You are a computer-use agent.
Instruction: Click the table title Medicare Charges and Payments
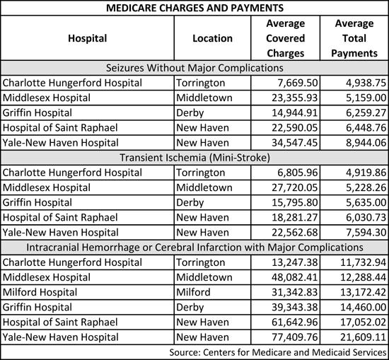[x=194, y=8]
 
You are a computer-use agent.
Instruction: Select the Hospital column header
[x=88, y=38]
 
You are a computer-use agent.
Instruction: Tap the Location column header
[x=213, y=38]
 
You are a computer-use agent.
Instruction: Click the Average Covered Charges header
[x=285, y=38]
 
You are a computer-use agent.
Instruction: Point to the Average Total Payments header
[x=354, y=38]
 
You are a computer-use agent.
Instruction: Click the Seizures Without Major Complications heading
[x=194, y=68]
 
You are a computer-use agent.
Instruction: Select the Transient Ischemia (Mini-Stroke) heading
[x=194, y=158]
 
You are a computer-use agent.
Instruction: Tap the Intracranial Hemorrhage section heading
[x=194, y=247]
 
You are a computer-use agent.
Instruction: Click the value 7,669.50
[x=298, y=83]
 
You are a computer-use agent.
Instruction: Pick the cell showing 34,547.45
[x=294, y=143]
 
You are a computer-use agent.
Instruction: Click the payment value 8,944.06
[x=366, y=143]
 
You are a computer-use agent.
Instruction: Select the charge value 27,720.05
[x=294, y=187]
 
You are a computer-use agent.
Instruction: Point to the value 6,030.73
[x=366, y=217]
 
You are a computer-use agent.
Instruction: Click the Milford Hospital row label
[x=40, y=292]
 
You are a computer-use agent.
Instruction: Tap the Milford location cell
[x=193, y=292]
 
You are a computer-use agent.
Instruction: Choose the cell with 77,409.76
[x=294, y=337]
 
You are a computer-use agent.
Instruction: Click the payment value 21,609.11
[x=364, y=337]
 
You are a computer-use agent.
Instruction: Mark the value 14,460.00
[x=364, y=307]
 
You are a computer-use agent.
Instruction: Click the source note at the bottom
[x=278, y=352]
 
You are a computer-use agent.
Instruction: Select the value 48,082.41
[x=294, y=277]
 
